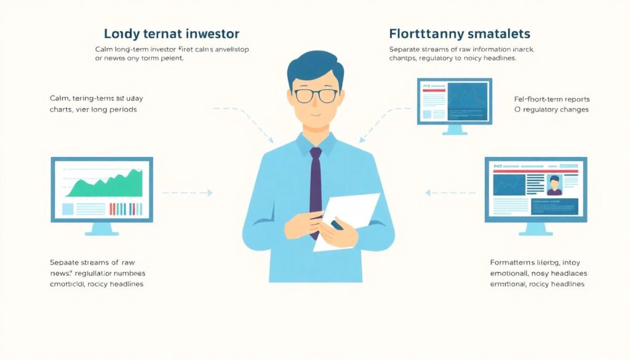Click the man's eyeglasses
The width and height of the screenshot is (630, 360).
[x=315, y=95]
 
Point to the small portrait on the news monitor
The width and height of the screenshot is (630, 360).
[x=554, y=185]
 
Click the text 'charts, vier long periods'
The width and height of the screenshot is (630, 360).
[x=93, y=110]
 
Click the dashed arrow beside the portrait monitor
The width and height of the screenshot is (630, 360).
[x=449, y=193]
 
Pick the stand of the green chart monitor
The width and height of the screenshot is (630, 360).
[x=102, y=229]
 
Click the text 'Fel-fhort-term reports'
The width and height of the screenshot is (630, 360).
[x=552, y=98]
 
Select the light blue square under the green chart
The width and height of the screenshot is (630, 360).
[x=68, y=209]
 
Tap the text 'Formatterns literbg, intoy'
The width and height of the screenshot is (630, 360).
[x=537, y=262]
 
